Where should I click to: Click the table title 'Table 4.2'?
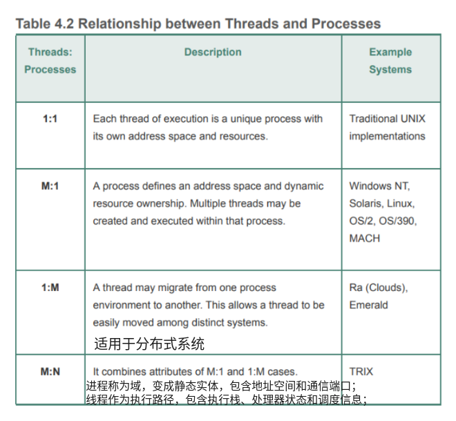(x=44, y=24)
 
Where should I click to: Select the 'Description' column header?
(x=213, y=53)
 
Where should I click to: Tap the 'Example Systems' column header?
(x=390, y=61)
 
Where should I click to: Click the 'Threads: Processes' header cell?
(x=50, y=61)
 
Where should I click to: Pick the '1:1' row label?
(x=50, y=119)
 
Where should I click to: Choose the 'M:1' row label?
(x=50, y=186)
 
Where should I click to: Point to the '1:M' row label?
(x=50, y=288)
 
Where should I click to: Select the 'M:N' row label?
(x=50, y=371)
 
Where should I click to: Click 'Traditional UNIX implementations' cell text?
(x=387, y=127)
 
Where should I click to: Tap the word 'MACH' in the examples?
(x=365, y=238)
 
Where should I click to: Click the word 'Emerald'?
(x=368, y=305)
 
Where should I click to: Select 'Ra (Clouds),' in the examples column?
(x=379, y=288)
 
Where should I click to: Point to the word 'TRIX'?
(x=361, y=371)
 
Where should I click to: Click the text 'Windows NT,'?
(x=379, y=186)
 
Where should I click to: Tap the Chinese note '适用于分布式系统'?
(x=149, y=344)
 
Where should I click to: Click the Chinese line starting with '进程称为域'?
(x=221, y=386)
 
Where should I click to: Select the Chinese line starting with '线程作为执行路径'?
(x=226, y=399)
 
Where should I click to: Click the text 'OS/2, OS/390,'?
(x=383, y=221)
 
